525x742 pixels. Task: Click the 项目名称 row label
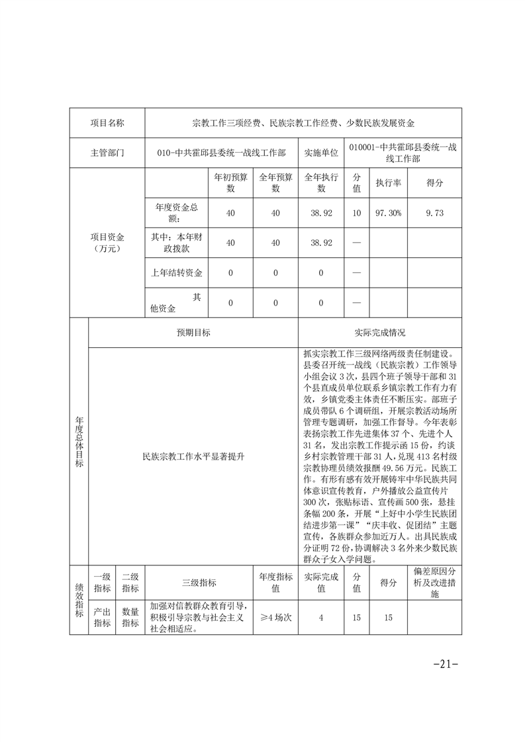pos(107,123)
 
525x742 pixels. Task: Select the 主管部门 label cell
pos(107,152)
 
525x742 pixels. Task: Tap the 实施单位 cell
pos(321,152)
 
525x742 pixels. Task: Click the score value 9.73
pos(434,213)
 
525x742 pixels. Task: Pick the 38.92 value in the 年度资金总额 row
pos(321,213)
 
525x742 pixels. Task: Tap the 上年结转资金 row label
pos(177,272)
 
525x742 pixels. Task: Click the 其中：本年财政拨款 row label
pos(177,243)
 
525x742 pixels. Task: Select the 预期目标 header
pos(193,333)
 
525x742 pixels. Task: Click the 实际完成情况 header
pos(380,333)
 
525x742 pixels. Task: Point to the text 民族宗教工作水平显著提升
pos(193,456)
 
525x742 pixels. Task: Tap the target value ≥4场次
pos(275,617)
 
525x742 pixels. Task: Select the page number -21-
pos(445,663)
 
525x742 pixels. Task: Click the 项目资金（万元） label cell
pos(107,243)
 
